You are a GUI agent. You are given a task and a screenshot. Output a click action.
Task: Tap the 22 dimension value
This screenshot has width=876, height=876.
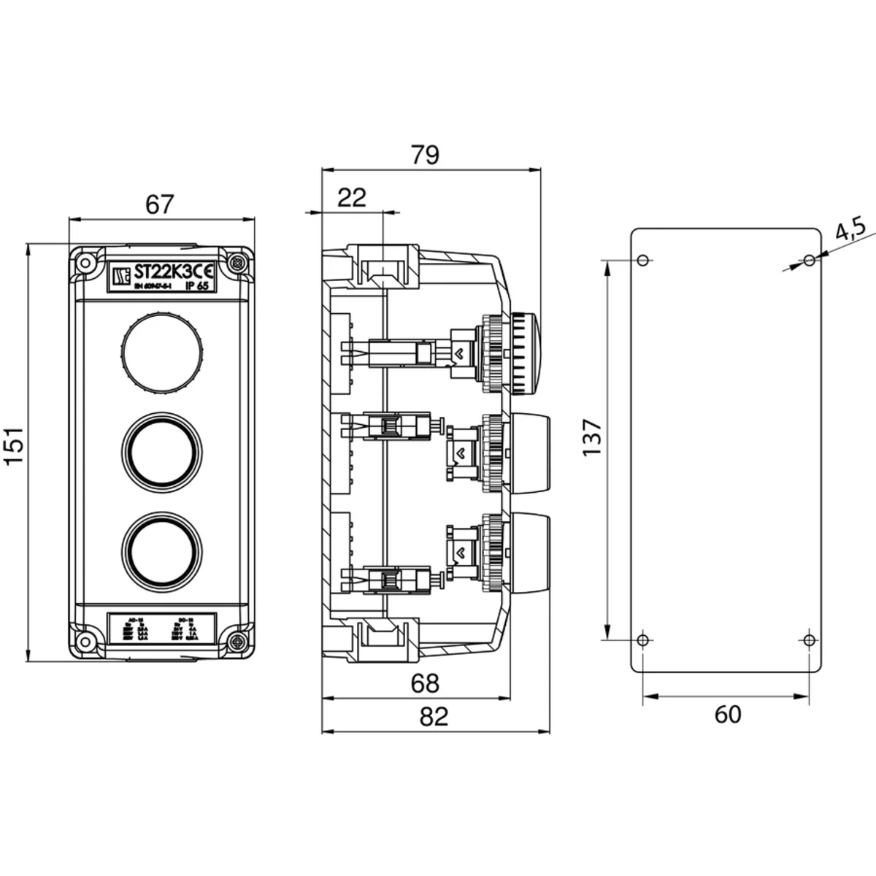(353, 197)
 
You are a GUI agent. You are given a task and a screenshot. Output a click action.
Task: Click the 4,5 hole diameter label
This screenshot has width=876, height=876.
(849, 233)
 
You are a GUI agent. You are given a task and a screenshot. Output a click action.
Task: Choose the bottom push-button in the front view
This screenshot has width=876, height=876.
(160, 549)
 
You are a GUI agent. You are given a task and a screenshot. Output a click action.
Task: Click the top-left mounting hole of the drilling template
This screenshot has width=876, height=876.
(642, 260)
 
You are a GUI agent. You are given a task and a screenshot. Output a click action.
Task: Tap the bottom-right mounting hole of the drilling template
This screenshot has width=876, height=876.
(807, 639)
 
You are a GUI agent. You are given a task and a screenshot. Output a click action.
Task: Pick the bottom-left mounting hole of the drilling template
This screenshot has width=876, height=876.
(642, 640)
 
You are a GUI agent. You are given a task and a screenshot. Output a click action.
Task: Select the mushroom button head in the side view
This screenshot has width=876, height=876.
(523, 353)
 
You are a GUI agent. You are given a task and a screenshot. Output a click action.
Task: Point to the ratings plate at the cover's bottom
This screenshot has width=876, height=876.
(161, 629)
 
